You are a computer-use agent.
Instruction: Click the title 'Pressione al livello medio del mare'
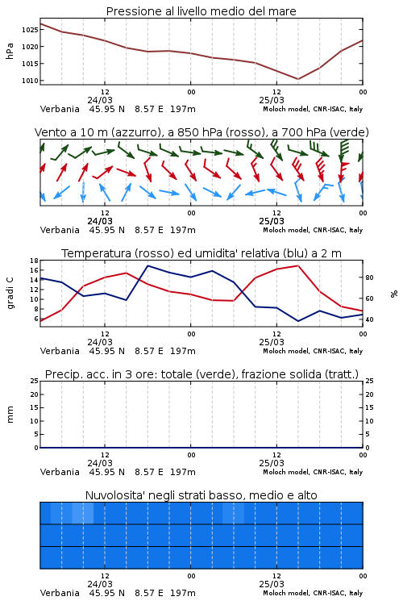tap(201, 11)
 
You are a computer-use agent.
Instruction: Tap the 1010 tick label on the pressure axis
tap(30, 81)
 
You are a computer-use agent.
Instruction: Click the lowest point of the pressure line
tap(297, 79)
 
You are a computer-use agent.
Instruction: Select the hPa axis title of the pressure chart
tap(10, 51)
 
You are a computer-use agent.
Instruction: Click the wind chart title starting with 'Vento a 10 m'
tap(201, 132)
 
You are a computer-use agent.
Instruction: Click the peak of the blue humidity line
tap(148, 265)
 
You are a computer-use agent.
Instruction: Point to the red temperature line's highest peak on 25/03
tap(298, 265)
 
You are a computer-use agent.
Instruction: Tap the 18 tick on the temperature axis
tap(34, 261)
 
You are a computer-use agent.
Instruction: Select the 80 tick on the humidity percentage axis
tap(369, 277)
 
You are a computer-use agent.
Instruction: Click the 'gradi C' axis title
tap(10, 293)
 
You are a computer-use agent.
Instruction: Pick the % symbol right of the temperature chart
tap(394, 294)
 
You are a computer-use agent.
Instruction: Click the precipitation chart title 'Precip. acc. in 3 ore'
tap(201, 374)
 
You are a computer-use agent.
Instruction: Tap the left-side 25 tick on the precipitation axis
tap(34, 381)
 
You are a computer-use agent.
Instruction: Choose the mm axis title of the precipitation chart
tap(10, 415)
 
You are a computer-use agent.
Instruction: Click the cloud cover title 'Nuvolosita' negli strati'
tap(201, 495)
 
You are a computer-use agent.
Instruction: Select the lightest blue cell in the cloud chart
tap(83, 513)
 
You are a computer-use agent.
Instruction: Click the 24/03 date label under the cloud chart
tap(100, 584)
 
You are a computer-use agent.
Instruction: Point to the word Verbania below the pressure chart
tap(60, 109)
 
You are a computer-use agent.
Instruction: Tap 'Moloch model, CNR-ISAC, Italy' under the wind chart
tap(313, 230)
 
